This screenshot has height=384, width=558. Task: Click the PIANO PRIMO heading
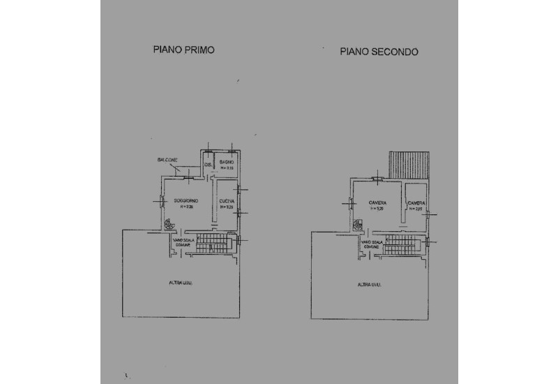[x=183, y=50]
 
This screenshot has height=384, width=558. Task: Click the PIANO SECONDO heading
[x=379, y=52]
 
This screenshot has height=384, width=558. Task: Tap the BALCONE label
[x=167, y=161]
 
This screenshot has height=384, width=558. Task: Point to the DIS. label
[x=208, y=165]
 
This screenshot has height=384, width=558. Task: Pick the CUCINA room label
[x=226, y=201]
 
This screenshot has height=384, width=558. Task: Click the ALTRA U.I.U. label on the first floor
[x=181, y=283]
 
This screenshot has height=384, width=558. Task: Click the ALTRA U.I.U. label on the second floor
[x=369, y=284]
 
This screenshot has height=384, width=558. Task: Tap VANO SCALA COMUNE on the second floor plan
[x=372, y=244]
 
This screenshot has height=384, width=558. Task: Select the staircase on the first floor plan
[x=215, y=243]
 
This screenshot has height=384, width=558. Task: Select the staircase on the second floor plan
[x=403, y=244]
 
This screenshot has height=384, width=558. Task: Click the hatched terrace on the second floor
[x=410, y=165]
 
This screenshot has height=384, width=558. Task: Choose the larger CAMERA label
[x=378, y=202]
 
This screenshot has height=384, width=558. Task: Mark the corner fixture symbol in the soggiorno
[x=169, y=225]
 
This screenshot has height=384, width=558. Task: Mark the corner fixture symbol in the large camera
[x=358, y=225]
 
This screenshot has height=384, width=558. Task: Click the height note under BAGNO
[x=227, y=168]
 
